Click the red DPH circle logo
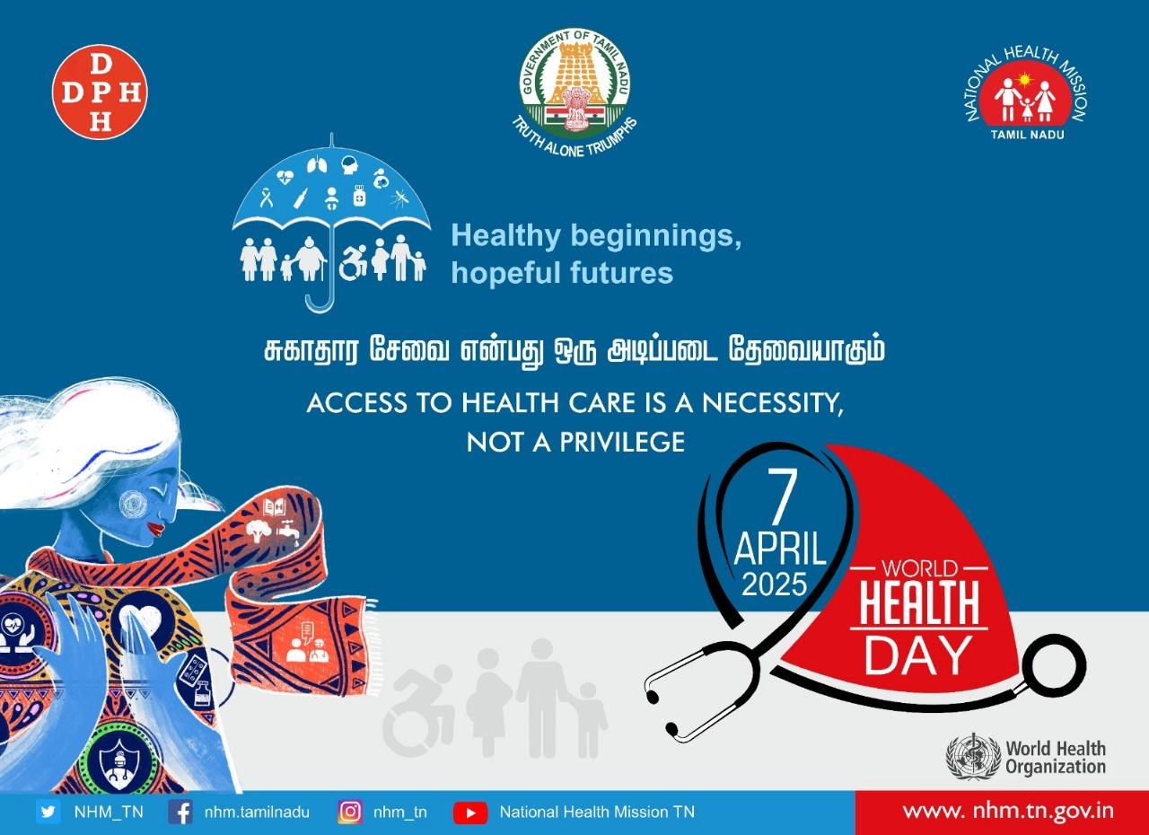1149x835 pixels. pos(100,92)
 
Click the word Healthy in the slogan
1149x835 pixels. pos(505,237)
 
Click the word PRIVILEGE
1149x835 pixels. pos(622,442)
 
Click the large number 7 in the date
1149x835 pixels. pos(782,497)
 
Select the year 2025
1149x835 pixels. pos(775,584)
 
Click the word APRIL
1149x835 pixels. pos(780,549)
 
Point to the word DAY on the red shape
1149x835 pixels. pos(918,655)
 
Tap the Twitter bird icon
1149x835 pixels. pos(48,812)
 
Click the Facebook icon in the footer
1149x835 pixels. pos(180,812)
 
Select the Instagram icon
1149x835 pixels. pos(350,812)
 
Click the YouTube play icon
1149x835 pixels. pos(470,813)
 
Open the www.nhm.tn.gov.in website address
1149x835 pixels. pos(1008,811)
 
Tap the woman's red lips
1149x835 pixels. pos(156,528)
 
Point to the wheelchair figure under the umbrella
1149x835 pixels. pos(354,263)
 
